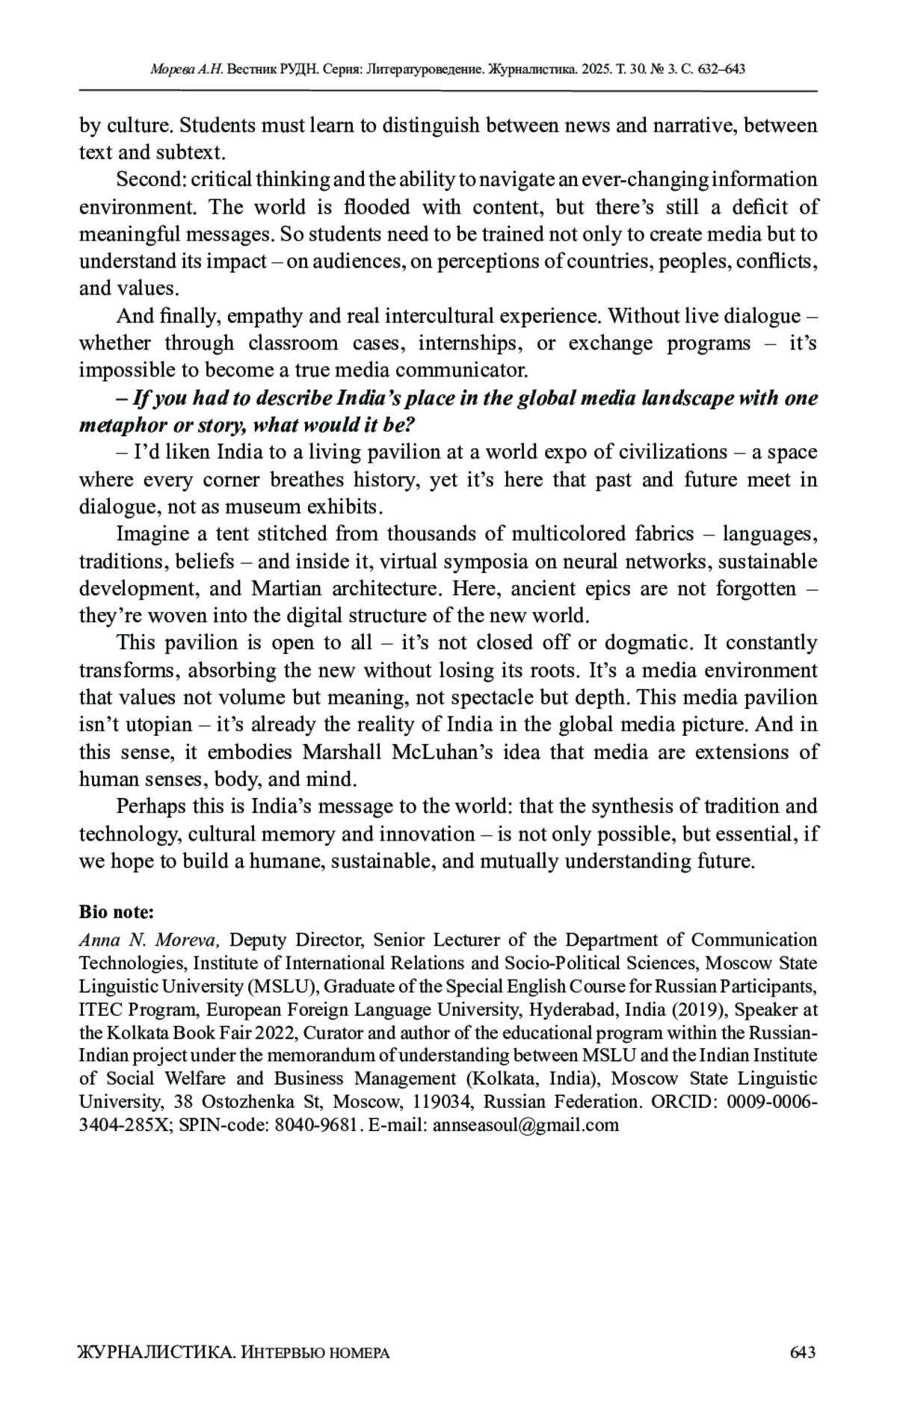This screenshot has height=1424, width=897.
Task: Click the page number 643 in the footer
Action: click(802, 1352)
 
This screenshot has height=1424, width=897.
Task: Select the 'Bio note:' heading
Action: click(117, 912)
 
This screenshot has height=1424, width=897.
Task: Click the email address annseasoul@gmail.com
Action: click(525, 1125)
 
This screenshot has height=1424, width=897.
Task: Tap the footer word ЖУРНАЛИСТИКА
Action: click(155, 1352)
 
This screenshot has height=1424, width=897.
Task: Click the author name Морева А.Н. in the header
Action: click(187, 69)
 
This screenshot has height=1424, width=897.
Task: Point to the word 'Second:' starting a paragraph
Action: click(150, 180)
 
